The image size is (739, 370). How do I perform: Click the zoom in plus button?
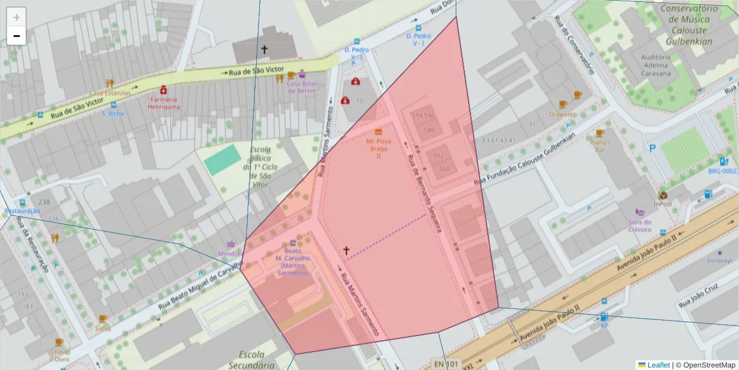[x=17, y=17]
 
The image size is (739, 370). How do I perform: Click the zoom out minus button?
[x=17, y=36]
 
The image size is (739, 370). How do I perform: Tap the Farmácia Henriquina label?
[x=163, y=102]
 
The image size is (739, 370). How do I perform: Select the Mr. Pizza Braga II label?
[x=379, y=148]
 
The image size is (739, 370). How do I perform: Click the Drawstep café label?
[x=563, y=114]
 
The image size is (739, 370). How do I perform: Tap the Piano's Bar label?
[x=599, y=146]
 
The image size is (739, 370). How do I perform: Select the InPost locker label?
[x=663, y=203]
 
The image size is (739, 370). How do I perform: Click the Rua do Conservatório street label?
[x=574, y=44]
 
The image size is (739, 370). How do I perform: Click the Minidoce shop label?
[x=230, y=253]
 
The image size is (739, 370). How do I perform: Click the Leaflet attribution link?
[x=658, y=364]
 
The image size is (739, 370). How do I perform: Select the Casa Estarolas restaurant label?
[x=110, y=92]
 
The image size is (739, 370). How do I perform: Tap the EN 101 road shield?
[x=445, y=363]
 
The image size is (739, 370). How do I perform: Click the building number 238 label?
[x=44, y=202]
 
